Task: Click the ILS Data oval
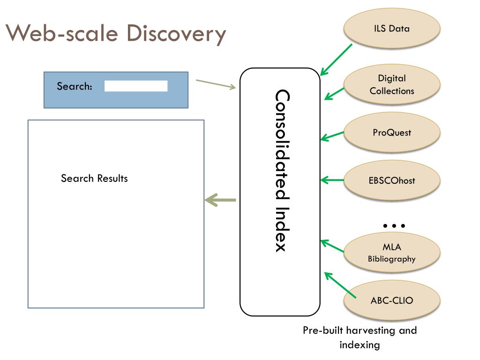tap(392, 29)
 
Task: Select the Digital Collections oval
tap(392, 84)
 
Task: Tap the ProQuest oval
tap(392, 133)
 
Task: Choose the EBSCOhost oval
tap(392, 180)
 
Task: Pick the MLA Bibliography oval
tap(392, 253)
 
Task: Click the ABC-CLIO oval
tap(392, 300)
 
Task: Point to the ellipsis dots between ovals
tap(394, 225)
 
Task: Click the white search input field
tap(136, 86)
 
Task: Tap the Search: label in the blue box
tap(74, 86)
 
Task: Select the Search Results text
tap(94, 178)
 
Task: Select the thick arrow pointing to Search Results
tap(220, 200)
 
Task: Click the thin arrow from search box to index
tap(216, 84)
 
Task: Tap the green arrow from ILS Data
tap(336, 60)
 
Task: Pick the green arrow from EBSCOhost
tap(332, 180)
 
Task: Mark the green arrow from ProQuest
tap(332, 136)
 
